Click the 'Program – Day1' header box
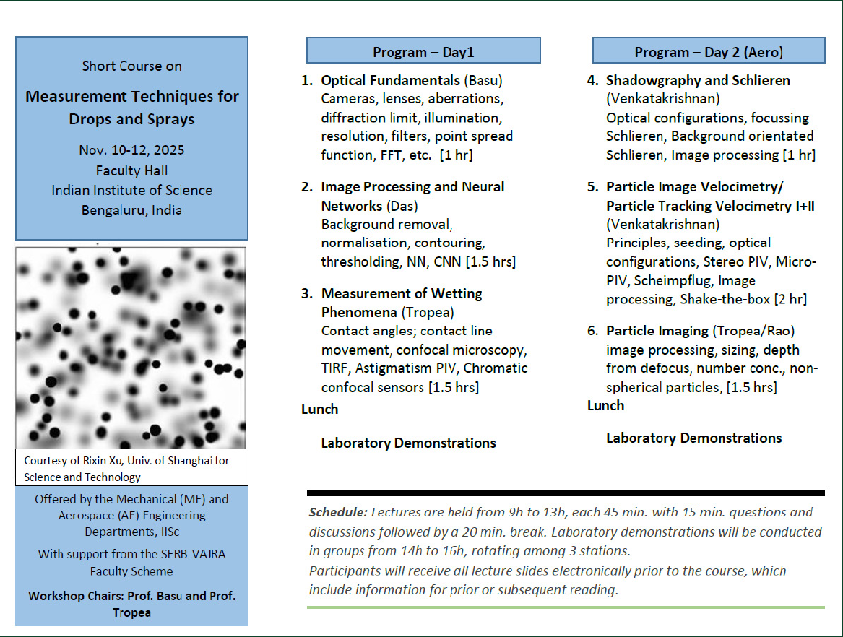[423, 51]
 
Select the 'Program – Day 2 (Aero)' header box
[708, 51]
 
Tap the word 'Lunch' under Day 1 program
[319, 409]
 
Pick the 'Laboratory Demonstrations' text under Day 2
[693, 438]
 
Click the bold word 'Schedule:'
[337, 513]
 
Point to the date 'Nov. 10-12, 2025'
[131, 150]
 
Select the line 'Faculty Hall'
[131, 170]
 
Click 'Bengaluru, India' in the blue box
[131, 210]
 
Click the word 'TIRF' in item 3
[335, 368]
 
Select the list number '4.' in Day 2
[592, 80]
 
